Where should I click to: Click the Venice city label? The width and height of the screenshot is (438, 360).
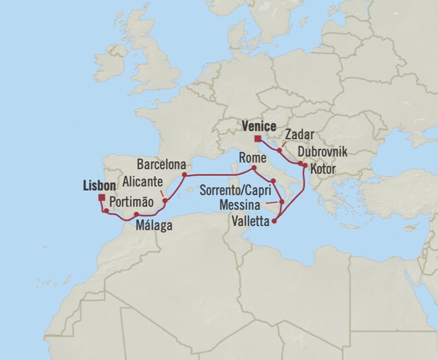pyautogui.click(x=259, y=126)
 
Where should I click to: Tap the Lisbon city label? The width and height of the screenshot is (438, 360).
pyautogui.click(x=95, y=186)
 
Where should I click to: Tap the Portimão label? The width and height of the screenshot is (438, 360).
pyautogui.click(x=131, y=201)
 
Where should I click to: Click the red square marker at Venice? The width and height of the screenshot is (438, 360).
pyautogui.click(x=258, y=138)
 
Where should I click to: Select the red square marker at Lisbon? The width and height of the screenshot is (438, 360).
pyautogui.click(x=101, y=198)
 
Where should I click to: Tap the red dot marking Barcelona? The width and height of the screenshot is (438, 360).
pyautogui.click(x=184, y=174)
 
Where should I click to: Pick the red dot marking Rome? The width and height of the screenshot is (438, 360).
pyautogui.click(x=254, y=169)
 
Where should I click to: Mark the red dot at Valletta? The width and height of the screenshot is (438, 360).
pyautogui.click(x=275, y=222)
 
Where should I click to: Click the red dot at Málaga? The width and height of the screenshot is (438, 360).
pyautogui.click(x=136, y=214)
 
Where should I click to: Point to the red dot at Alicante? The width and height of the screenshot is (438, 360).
pyautogui.click(x=164, y=200)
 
